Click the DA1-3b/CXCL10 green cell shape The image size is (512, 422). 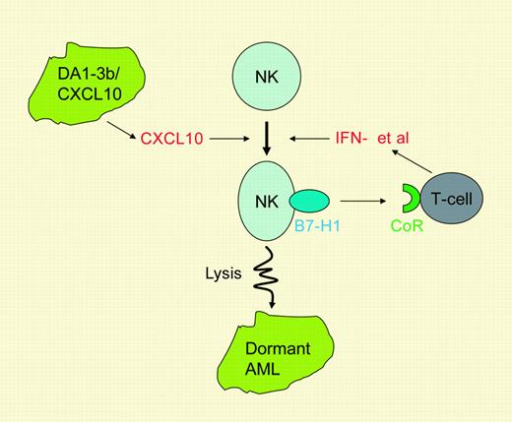click(78, 90)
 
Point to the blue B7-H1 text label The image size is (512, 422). click(314, 236)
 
